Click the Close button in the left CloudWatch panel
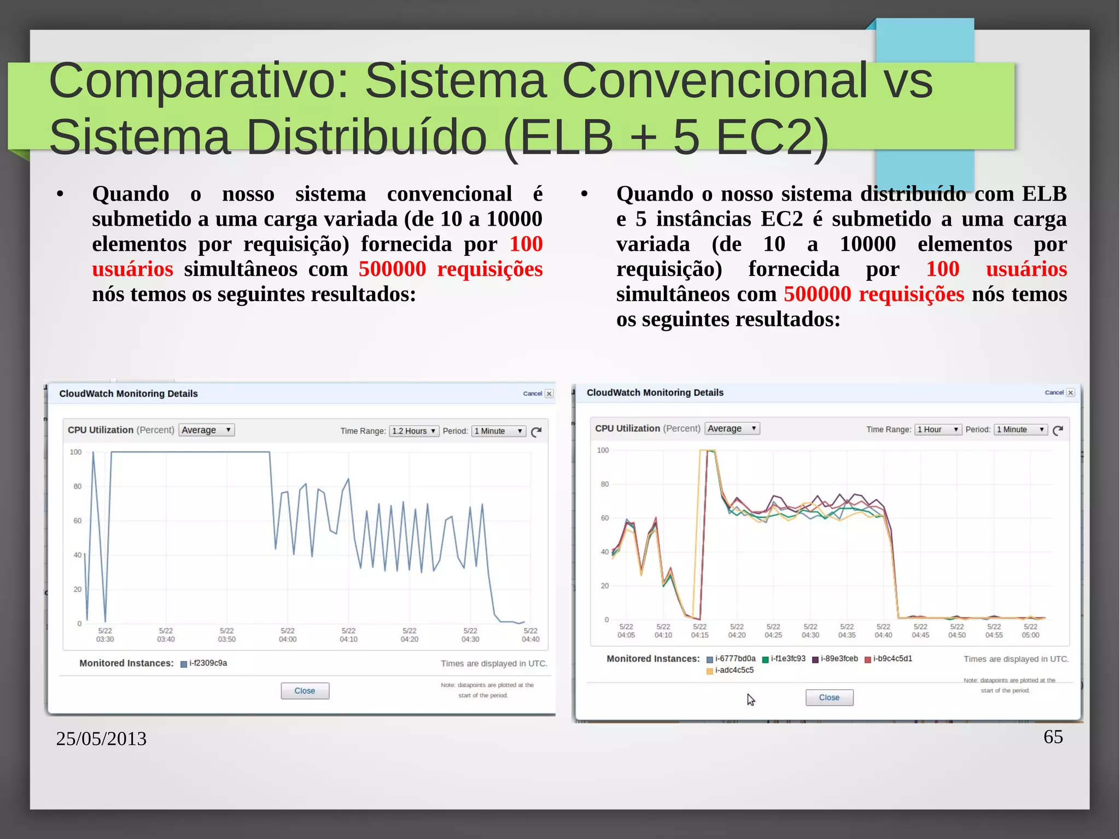pyautogui.click(x=305, y=691)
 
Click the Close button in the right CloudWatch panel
pyautogui.click(x=829, y=697)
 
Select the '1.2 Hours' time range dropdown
pyautogui.click(x=414, y=431)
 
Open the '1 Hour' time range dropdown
pyautogui.click(x=938, y=430)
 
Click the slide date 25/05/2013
pyautogui.click(x=101, y=739)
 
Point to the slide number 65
pyautogui.click(x=1053, y=737)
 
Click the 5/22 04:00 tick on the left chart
pyautogui.click(x=288, y=635)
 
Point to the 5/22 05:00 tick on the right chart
pyautogui.click(x=1030, y=631)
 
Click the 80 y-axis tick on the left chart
pyautogui.click(x=77, y=486)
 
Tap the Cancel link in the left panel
pyautogui.click(x=532, y=394)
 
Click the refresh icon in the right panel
pyautogui.click(x=1058, y=430)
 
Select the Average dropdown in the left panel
pyautogui.click(x=207, y=430)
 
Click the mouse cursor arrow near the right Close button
pyautogui.click(x=751, y=700)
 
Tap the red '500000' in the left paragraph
pyautogui.click(x=392, y=269)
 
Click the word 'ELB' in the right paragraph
pyautogui.click(x=1044, y=194)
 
